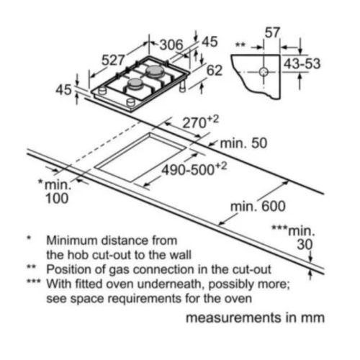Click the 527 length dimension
click(x=113, y=60)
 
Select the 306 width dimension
click(x=171, y=45)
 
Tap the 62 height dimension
click(x=215, y=71)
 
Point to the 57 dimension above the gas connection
click(x=272, y=32)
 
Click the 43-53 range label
click(x=302, y=64)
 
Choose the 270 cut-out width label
click(x=201, y=122)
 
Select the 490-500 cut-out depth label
click(x=194, y=169)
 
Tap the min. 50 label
click(x=243, y=143)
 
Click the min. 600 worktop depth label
click(x=258, y=206)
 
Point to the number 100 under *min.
click(x=57, y=199)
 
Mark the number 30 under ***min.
click(x=305, y=245)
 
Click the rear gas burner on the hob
click(x=155, y=71)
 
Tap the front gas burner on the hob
click(x=136, y=84)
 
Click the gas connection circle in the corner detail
click(x=264, y=71)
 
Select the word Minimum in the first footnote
click(x=72, y=240)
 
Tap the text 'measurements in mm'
click(x=256, y=318)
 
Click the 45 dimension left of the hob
click(x=63, y=90)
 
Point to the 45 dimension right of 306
click(x=210, y=42)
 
